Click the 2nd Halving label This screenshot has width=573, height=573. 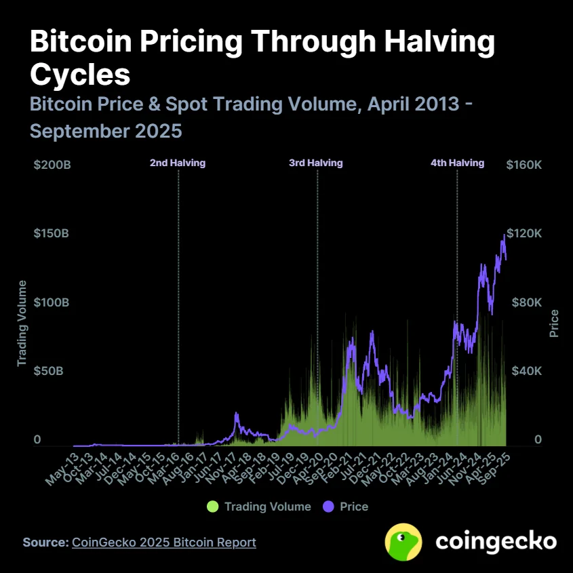178,163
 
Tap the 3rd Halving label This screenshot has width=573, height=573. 316,163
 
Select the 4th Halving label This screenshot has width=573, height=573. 458,163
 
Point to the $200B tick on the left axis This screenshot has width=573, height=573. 52,165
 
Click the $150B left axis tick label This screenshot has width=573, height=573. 52,234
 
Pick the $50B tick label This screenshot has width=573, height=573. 49,372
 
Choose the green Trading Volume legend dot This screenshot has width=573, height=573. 213,507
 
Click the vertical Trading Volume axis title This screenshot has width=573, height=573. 22,323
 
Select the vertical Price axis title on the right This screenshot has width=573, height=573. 554,323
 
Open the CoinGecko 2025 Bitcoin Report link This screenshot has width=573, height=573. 163,542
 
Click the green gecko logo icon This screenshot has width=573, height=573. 403,541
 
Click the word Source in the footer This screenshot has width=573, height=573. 45,542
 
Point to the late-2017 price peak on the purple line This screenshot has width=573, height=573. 236,413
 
